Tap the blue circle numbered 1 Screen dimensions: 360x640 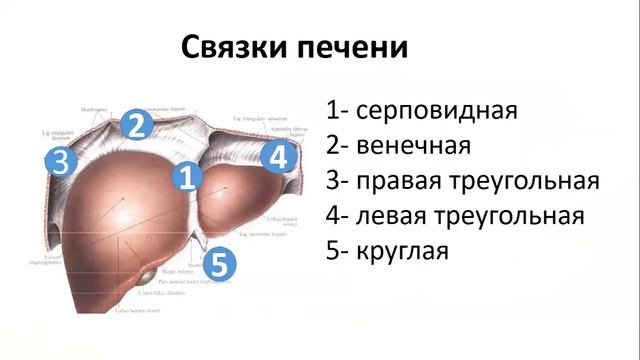[x=187, y=179]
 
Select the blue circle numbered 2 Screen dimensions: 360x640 [x=137, y=124]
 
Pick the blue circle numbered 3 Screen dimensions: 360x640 [x=60, y=162]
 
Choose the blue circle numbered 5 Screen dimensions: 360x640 [x=219, y=265]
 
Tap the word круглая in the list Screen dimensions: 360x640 [x=402, y=250]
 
